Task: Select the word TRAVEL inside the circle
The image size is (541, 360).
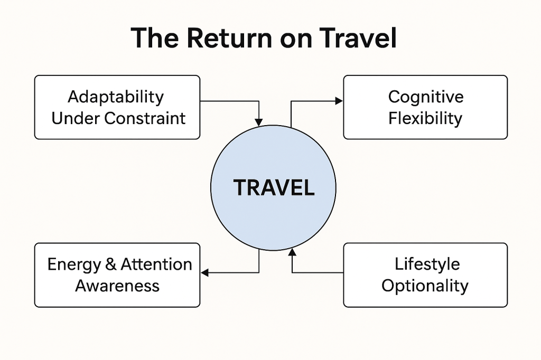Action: click(x=274, y=188)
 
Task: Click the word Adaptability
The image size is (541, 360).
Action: click(x=116, y=97)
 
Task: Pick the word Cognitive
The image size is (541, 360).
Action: click(x=425, y=97)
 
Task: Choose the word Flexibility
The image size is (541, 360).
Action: click(x=425, y=118)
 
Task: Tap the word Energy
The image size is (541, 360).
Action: click(x=73, y=264)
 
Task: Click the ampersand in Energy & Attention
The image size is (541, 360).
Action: click(x=111, y=264)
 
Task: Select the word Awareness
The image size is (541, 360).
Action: click(x=117, y=286)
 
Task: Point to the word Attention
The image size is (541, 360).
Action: click(x=156, y=264)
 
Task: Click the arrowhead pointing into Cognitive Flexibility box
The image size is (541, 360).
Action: click(x=339, y=101)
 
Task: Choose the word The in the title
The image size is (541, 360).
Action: click(x=154, y=39)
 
